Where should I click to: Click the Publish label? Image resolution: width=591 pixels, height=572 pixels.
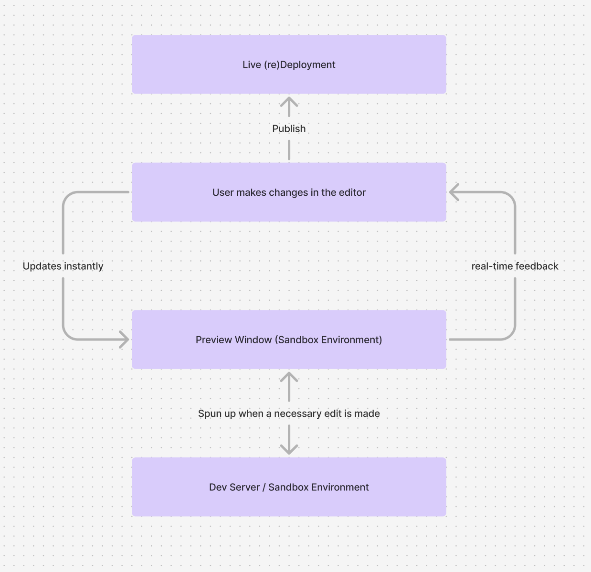(x=289, y=128)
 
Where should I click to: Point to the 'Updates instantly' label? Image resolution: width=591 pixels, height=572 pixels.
(x=63, y=266)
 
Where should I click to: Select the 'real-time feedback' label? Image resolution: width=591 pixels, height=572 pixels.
(x=515, y=266)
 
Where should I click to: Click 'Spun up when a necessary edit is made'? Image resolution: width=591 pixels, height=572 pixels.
(x=289, y=413)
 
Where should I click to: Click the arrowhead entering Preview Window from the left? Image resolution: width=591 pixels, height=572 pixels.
(x=125, y=340)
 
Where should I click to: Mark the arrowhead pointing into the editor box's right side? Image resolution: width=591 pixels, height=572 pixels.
(x=454, y=192)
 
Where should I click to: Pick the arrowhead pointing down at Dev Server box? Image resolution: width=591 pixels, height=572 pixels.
(x=289, y=449)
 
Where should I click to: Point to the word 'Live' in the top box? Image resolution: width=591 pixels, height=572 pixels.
(x=252, y=64)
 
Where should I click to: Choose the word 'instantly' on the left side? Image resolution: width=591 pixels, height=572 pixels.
(x=84, y=266)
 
